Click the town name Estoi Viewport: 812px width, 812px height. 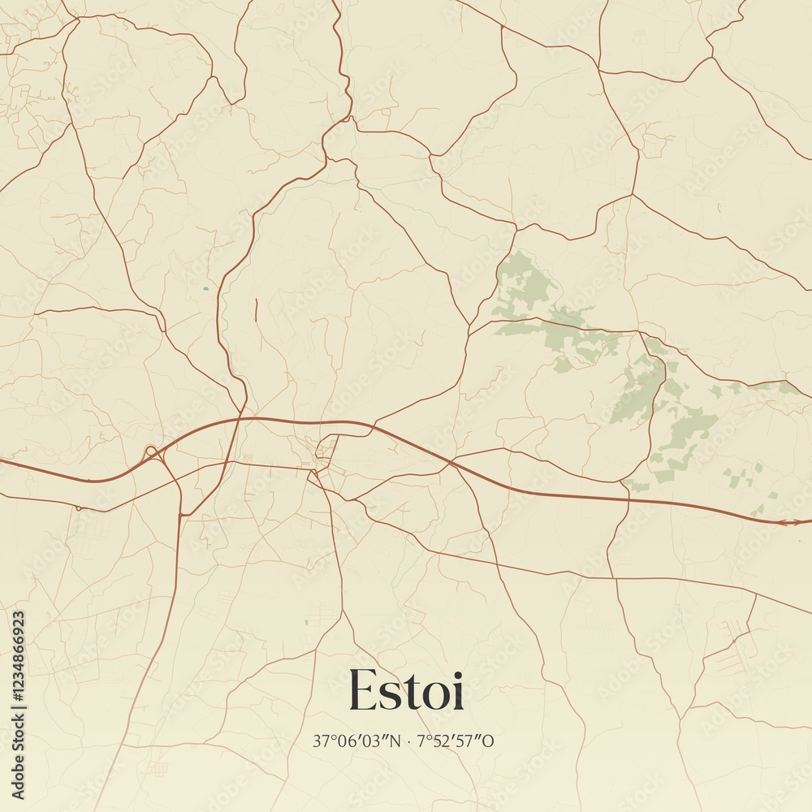pyautogui.click(x=406, y=690)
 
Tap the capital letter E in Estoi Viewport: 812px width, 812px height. pyautogui.click(x=362, y=690)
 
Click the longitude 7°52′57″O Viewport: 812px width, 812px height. pyautogui.click(x=455, y=741)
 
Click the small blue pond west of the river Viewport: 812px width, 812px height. pyautogui.click(x=205, y=288)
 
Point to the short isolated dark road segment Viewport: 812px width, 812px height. pyautogui.click(x=256, y=313)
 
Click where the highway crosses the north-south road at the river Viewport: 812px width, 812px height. pyautogui.click(x=240, y=419)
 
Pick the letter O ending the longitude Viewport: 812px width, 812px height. pyautogui.click(x=489, y=741)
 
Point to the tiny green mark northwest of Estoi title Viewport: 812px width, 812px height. pyautogui.click(x=306, y=622)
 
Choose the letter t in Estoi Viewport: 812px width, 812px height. pyautogui.click(x=413, y=690)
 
